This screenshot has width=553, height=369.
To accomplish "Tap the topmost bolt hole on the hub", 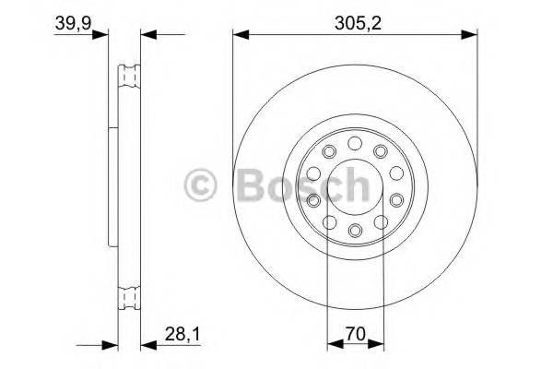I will [355, 143].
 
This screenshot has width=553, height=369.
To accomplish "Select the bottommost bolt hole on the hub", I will [355, 228].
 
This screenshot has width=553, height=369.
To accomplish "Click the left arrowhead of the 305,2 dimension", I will [239, 35].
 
